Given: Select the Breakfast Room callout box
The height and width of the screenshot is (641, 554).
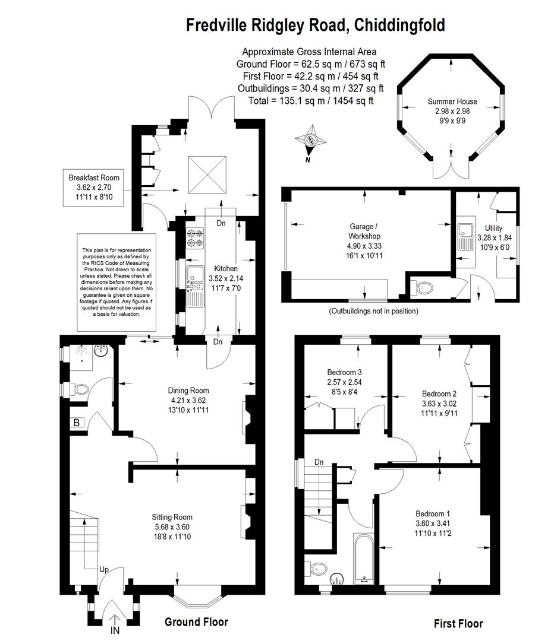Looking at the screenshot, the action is (93, 188).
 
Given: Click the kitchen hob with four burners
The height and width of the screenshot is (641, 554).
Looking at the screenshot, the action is (195, 238).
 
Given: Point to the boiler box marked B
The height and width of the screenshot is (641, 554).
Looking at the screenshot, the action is (77, 423).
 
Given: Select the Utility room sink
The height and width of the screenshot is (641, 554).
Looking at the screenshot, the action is (465, 237).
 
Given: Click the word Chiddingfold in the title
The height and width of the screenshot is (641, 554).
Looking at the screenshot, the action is (399, 25).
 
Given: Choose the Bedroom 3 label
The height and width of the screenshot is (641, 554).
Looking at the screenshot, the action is (344, 372).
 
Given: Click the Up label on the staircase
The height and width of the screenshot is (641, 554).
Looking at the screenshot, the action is (104, 569).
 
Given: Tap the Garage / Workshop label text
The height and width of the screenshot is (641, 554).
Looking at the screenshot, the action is (364, 231).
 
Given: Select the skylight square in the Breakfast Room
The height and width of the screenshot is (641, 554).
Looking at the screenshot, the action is (207, 174).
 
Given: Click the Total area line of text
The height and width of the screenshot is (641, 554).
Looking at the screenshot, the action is (311, 100).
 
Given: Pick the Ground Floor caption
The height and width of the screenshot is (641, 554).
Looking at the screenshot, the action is (196, 622).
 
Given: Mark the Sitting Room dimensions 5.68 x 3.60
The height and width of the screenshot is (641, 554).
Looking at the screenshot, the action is (172, 527).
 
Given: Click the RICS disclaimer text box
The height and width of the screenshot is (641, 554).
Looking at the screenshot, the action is (117, 282).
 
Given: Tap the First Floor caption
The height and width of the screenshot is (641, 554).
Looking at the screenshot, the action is (458, 623).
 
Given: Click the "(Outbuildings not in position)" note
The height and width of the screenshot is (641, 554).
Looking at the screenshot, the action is (373, 311).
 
